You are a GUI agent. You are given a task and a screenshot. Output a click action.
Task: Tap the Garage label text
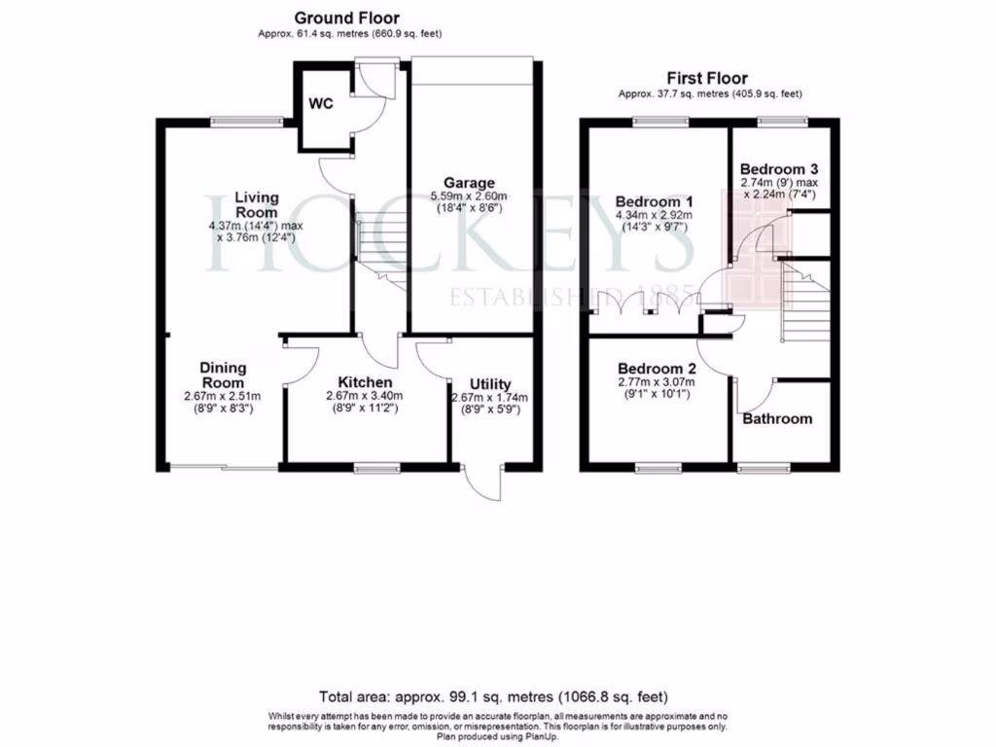point(469,183)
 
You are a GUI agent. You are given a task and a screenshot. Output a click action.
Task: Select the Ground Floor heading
point(346,18)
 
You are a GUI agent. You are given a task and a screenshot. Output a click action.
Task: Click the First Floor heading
point(707,79)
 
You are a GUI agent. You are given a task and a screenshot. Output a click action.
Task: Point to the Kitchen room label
point(365,382)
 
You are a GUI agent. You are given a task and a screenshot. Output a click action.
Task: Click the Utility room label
point(490,385)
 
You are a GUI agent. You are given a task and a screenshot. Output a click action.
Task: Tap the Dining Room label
point(223,375)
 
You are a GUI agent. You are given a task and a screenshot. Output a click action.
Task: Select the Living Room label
point(256,204)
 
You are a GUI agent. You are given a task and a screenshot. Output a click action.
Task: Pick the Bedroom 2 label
point(658,370)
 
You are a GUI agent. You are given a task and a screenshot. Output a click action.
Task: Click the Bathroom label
point(777,419)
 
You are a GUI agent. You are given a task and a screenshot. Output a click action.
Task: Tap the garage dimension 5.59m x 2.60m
point(469,196)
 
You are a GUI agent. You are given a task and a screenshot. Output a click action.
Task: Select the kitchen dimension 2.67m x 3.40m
point(365,396)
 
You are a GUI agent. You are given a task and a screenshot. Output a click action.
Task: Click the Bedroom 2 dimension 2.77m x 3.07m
point(658,383)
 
